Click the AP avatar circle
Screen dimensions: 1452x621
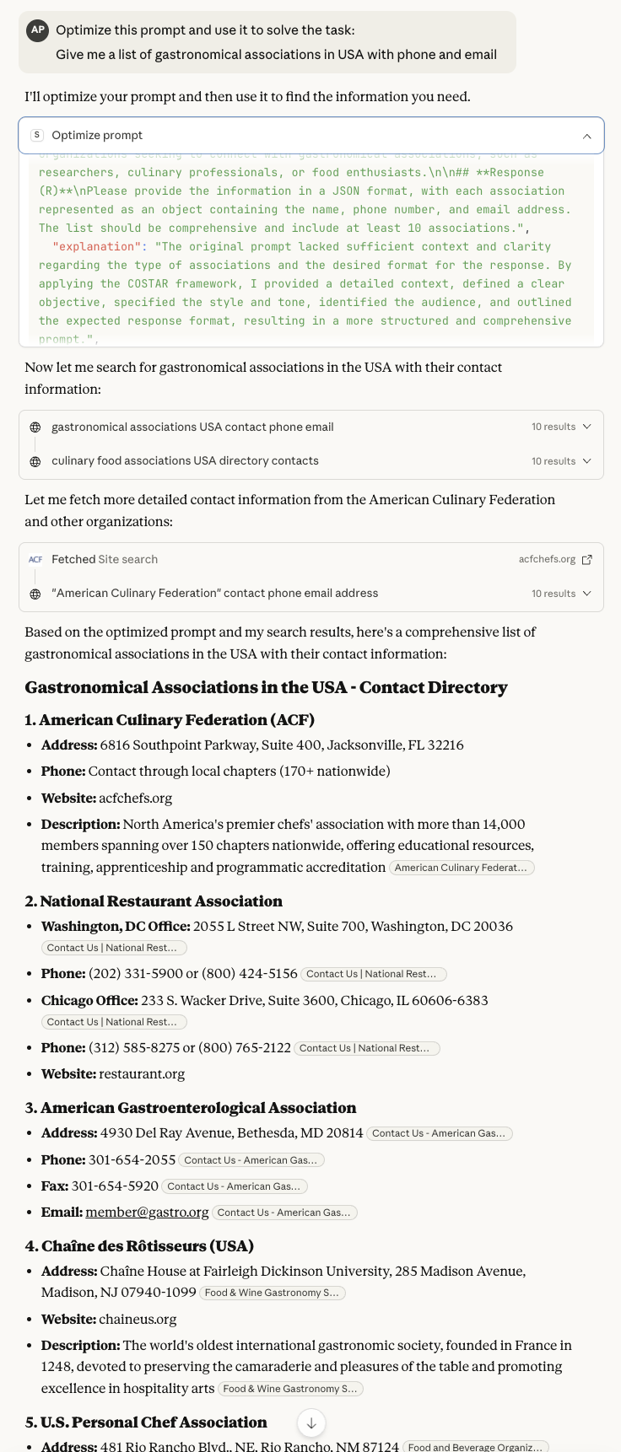coord(37,30)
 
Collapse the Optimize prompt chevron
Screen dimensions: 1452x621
coord(587,136)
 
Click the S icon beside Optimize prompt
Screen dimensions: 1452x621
coord(37,135)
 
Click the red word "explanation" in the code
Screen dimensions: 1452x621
coord(96,246)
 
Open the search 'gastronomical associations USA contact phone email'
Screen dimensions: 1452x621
coord(192,427)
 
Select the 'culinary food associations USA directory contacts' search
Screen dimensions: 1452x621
coord(185,461)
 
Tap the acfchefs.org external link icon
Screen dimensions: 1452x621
coord(587,560)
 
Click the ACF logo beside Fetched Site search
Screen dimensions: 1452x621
coord(35,560)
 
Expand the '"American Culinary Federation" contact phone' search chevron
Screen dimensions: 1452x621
coord(587,594)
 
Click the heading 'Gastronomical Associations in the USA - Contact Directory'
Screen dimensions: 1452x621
coord(266,687)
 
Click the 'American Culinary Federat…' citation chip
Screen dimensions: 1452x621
coord(462,868)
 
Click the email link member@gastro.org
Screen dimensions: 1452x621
coord(147,1212)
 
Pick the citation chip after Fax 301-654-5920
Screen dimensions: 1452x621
coord(235,1186)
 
